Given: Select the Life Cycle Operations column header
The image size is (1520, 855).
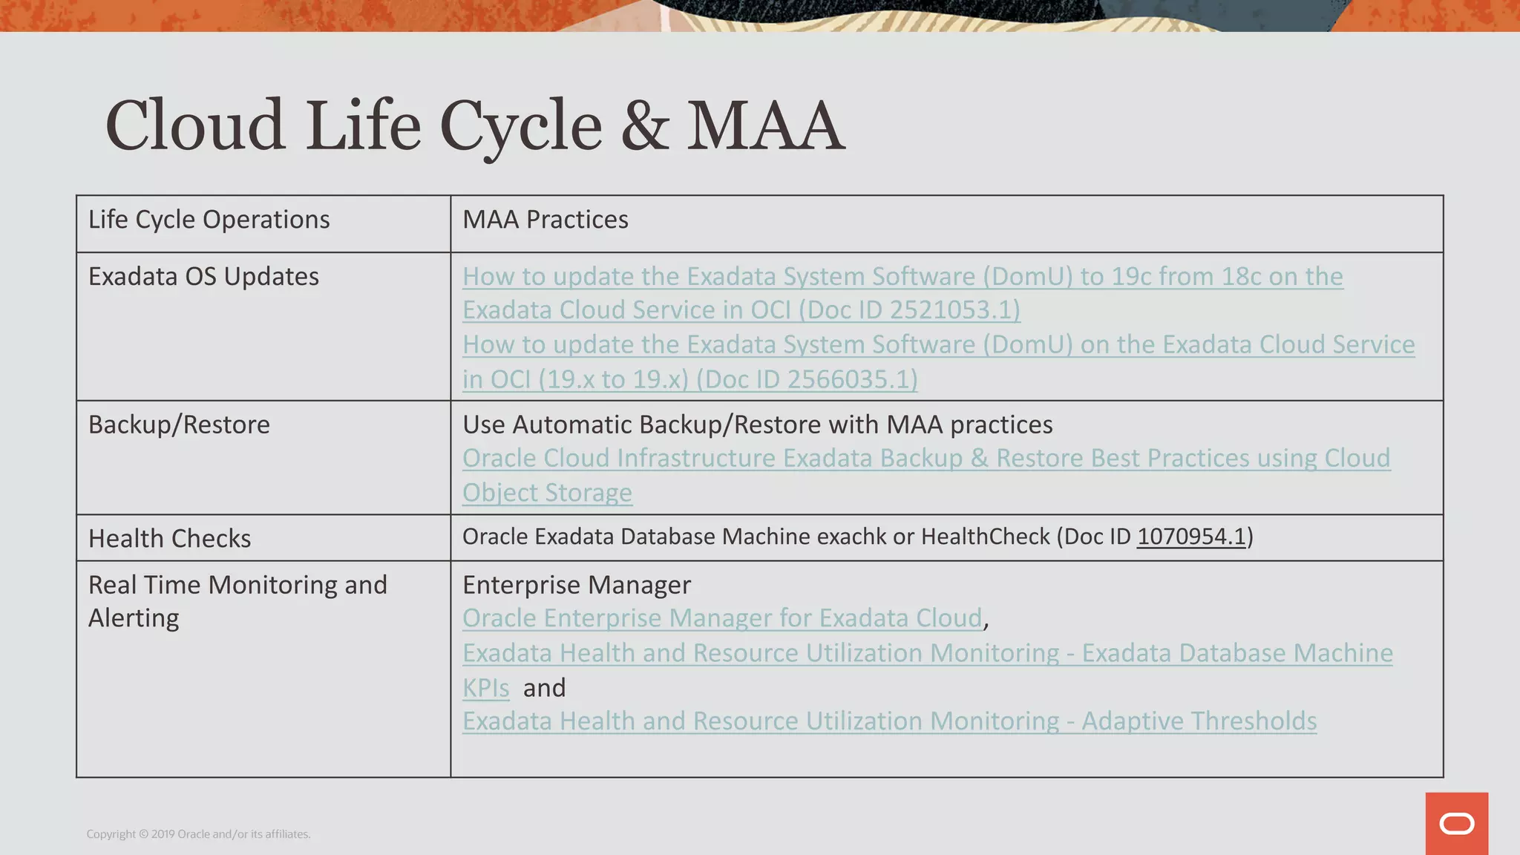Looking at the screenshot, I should (x=209, y=220).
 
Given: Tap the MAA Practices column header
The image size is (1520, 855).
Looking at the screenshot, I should (x=546, y=220).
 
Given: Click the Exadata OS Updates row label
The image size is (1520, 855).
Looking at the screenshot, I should (x=203, y=276).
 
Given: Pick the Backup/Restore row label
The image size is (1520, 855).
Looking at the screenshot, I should (x=179, y=425).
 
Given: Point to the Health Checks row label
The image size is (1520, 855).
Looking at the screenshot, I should (x=169, y=538).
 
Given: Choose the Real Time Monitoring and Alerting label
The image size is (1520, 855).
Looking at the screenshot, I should (x=237, y=601).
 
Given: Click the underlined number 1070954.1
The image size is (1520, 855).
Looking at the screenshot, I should (x=1191, y=536).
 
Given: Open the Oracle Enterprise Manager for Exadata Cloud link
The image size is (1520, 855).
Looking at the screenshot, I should (x=722, y=618).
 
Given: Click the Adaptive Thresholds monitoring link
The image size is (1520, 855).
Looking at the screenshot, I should (x=889, y=721).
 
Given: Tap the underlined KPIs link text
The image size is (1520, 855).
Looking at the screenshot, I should (x=486, y=688).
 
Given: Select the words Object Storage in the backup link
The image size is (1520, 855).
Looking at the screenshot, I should (x=547, y=493).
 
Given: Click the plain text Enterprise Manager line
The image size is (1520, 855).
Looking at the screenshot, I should (x=577, y=585).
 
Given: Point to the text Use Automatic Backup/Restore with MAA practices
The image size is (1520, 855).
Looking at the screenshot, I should (x=757, y=425).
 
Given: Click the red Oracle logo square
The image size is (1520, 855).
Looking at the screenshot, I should (x=1456, y=824).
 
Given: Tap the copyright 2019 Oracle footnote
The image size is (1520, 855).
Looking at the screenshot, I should (x=198, y=834).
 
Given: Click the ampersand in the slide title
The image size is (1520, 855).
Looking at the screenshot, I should (x=645, y=126).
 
